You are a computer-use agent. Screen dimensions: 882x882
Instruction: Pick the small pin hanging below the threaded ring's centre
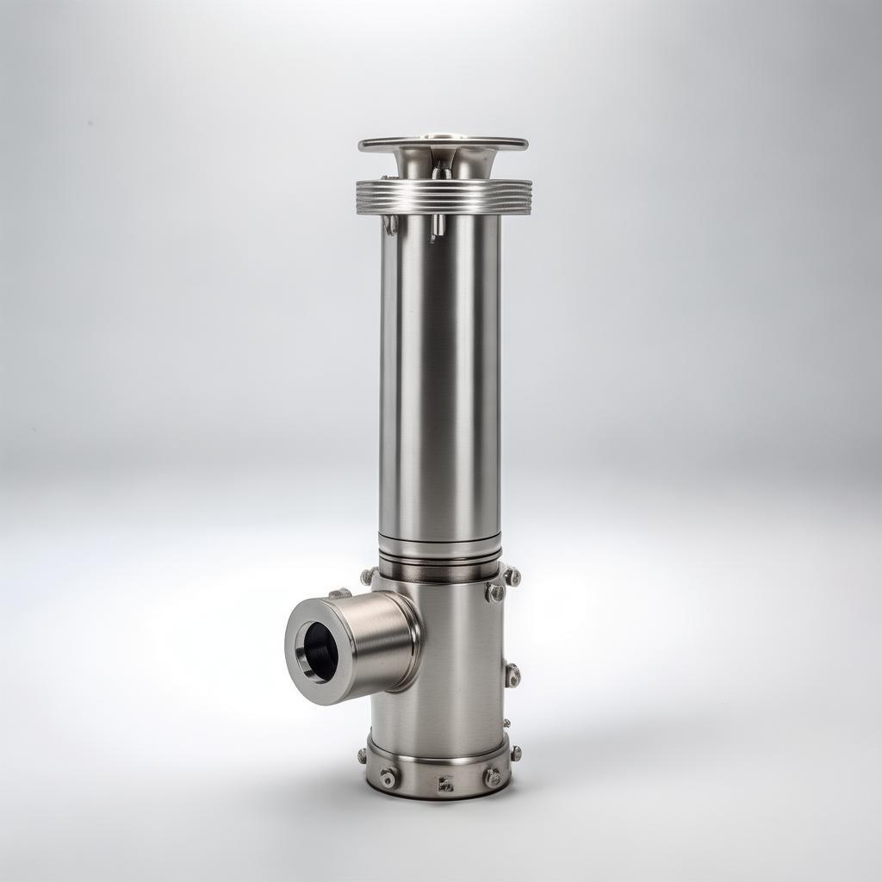tap(438, 227)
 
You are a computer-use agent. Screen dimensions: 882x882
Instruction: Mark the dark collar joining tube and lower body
tap(439, 569)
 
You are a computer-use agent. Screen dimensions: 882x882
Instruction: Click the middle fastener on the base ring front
tap(445, 784)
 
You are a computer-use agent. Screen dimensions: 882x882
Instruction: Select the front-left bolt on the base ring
tap(388, 777)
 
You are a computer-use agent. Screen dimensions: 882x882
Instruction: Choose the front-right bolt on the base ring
tap(494, 778)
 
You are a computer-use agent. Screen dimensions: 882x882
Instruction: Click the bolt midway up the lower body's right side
tap(512, 674)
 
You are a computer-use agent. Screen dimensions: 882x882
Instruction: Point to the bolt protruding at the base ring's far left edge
tap(363, 755)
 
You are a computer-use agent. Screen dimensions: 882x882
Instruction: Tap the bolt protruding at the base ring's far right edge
tap(515, 753)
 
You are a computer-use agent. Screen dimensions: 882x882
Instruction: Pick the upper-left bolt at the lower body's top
tap(369, 575)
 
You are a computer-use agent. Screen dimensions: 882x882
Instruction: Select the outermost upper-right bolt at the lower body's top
tap(512, 576)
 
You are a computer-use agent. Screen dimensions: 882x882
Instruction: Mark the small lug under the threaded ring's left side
tap(391, 225)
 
